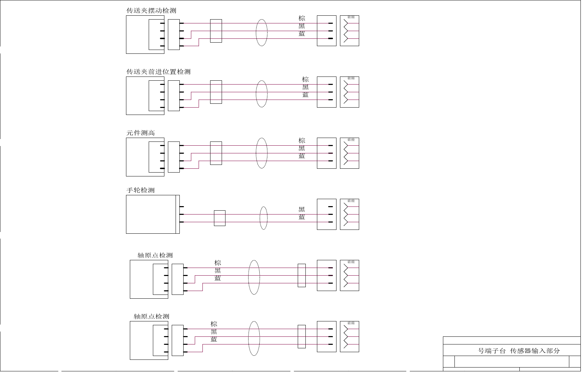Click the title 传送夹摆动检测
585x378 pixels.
151,11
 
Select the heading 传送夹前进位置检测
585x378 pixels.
158,72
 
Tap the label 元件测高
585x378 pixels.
140,133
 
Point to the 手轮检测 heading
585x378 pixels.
140,190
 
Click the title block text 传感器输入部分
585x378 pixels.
535,351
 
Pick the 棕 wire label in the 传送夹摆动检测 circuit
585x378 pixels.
302,18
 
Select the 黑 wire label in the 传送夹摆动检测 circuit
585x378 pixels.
302,26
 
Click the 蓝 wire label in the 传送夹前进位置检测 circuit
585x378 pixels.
305,95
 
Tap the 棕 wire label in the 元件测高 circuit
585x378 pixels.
302,140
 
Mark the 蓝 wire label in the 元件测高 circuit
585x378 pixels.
302,156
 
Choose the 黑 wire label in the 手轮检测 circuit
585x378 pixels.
302,210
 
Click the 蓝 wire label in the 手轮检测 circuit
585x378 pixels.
302,217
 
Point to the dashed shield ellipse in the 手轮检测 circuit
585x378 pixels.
264,218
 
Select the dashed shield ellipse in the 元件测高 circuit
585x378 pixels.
261,153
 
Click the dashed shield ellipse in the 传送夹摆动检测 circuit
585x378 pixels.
261,32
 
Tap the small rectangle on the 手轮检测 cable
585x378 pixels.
220,218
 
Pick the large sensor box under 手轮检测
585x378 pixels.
151,214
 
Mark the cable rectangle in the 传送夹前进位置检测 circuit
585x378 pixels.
216,92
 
